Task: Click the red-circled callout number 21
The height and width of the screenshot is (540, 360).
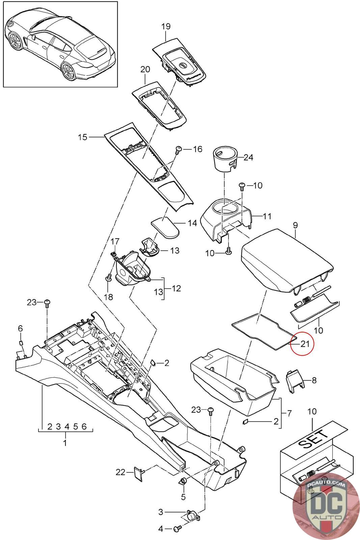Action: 305,344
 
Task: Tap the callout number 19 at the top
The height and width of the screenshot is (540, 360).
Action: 166,26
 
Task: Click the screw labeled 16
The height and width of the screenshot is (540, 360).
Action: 179,149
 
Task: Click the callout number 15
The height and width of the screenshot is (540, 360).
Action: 82,137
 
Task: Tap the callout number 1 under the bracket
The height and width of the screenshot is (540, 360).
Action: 65,442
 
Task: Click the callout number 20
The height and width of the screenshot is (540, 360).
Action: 145,70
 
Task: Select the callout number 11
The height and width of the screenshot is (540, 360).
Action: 267,216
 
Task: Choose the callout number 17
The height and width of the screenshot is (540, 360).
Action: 115,241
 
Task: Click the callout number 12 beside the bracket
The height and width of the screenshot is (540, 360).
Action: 176,288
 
